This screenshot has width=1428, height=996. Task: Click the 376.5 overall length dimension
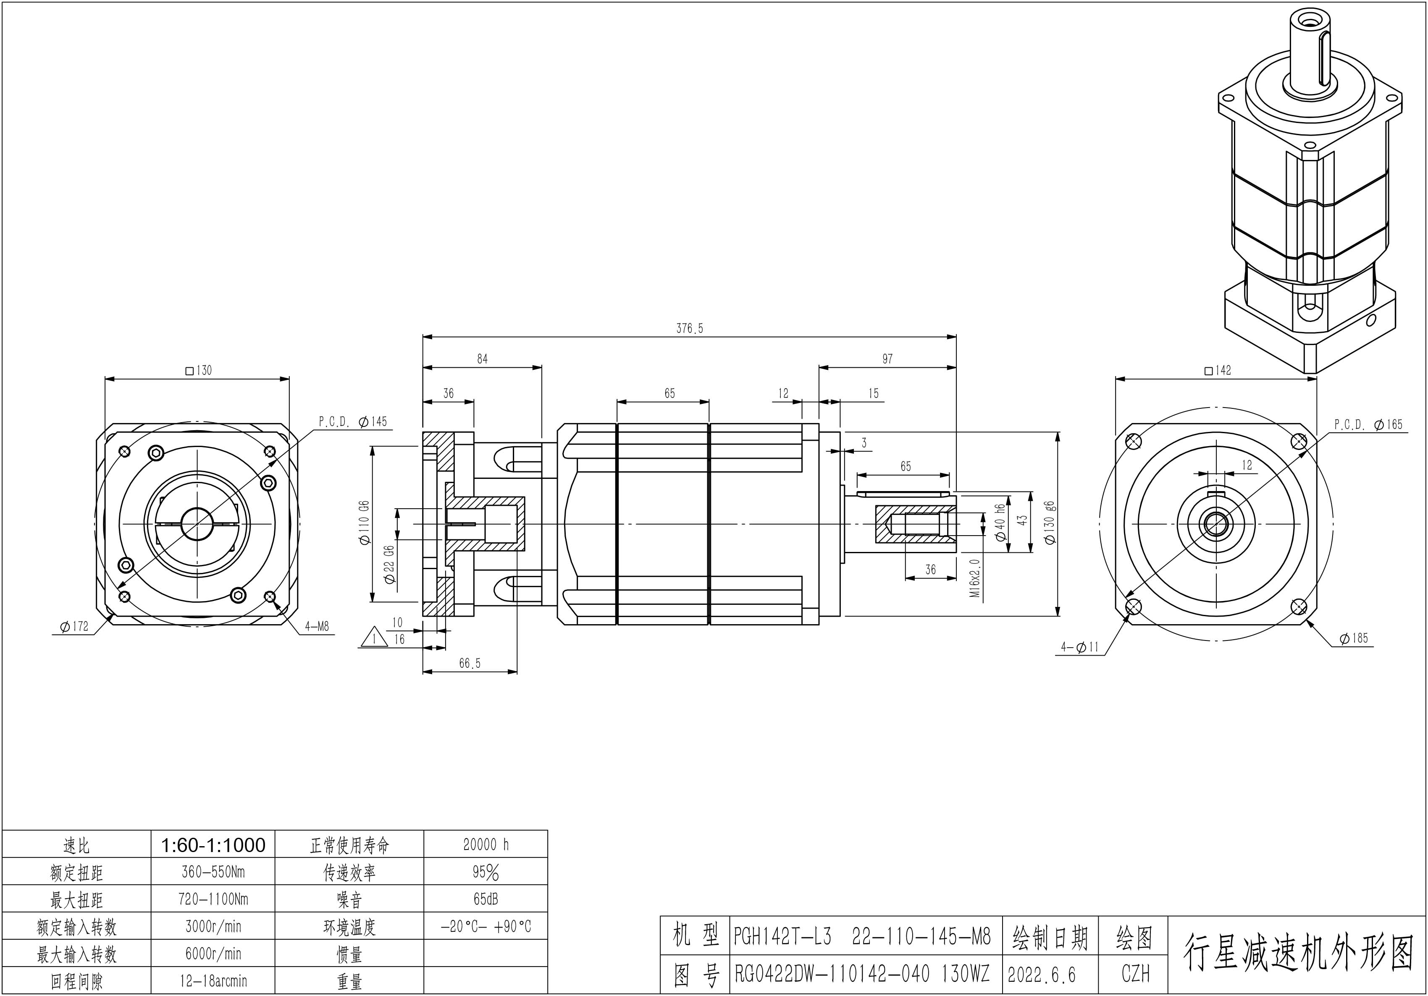point(689,328)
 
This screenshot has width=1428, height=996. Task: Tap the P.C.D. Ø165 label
point(1368,425)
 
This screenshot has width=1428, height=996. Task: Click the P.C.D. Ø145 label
point(353,421)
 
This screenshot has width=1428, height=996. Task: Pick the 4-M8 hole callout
point(317,627)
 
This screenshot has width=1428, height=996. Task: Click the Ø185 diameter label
point(1354,638)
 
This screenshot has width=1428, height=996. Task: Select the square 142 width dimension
point(1218,371)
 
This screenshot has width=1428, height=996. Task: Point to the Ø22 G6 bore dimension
point(390,565)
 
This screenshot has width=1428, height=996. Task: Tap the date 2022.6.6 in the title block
point(1041,974)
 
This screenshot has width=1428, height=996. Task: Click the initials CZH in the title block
point(1135,974)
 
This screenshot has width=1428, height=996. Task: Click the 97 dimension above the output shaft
point(887,359)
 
